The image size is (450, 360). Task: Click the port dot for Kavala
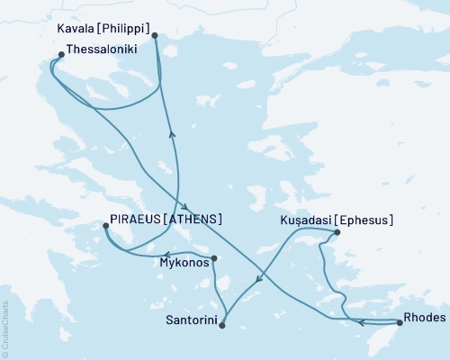(x=155, y=36)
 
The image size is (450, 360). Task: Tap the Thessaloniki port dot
(x=60, y=55)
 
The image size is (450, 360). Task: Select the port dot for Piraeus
(x=105, y=228)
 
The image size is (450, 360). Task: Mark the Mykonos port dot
(x=214, y=260)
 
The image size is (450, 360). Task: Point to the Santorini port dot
(x=221, y=325)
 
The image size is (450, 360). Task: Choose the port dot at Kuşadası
(x=337, y=233)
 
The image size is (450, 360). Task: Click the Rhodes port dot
(x=399, y=321)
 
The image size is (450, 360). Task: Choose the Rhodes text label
(x=423, y=317)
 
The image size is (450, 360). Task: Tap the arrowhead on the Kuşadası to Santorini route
(x=259, y=280)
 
